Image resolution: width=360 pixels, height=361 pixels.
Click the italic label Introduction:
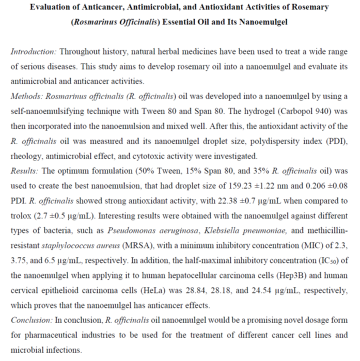(34, 52)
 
